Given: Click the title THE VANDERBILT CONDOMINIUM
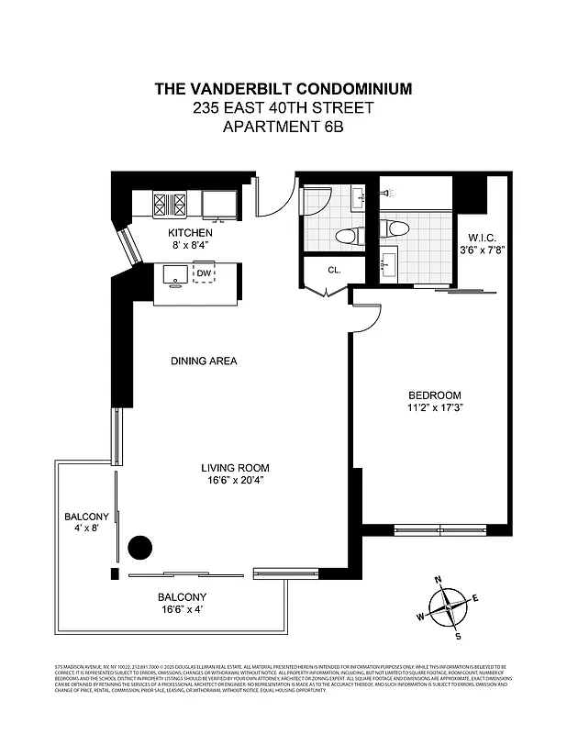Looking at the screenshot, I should tap(283, 89).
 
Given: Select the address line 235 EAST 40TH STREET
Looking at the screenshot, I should tap(283, 107).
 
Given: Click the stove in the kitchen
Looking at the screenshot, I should tap(169, 203).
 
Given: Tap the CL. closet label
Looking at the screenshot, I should tap(322, 271).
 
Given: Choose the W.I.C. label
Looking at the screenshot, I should tap(480, 237).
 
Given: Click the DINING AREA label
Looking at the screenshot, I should tap(204, 361).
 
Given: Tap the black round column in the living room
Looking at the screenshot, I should tap(139, 549).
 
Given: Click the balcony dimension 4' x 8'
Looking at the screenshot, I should tap(86, 528).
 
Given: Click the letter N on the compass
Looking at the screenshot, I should tap(439, 580).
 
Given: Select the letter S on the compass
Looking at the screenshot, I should tap(458, 635).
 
